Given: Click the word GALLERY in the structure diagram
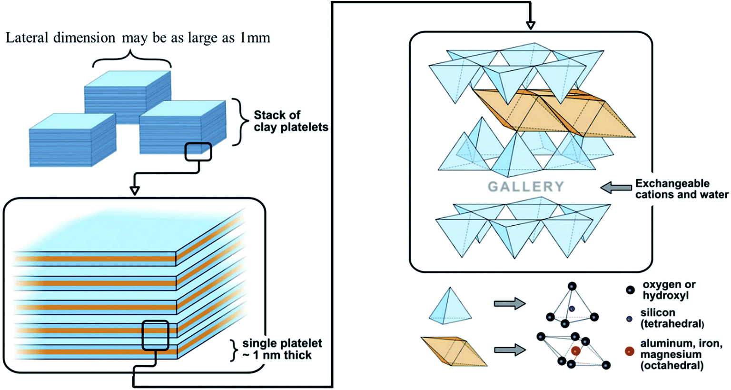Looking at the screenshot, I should click(x=526, y=187).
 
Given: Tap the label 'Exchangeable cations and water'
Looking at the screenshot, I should click(x=682, y=189).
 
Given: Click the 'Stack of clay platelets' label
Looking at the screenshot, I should click(x=290, y=121).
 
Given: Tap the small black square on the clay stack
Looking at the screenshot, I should click(x=198, y=151).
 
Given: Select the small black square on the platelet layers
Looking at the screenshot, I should click(x=155, y=335).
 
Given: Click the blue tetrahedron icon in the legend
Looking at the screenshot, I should click(x=450, y=306).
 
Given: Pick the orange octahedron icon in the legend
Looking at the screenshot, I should click(x=454, y=351).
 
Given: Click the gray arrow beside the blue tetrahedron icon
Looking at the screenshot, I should click(x=509, y=303).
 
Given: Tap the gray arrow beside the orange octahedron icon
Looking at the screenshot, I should click(x=509, y=350).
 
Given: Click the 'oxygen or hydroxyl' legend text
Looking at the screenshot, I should click(x=669, y=290).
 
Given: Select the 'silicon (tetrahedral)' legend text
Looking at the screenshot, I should click(x=672, y=318).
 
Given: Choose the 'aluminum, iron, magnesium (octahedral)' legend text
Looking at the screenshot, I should click(x=681, y=354).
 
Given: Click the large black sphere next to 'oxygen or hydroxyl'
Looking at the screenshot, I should click(x=630, y=290).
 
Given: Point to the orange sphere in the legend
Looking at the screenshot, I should click(x=629, y=352).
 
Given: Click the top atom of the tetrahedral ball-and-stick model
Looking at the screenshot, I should click(x=572, y=286).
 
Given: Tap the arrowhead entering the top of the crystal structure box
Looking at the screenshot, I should click(x=531, y=25).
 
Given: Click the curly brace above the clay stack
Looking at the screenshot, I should click(x=131, y=63).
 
